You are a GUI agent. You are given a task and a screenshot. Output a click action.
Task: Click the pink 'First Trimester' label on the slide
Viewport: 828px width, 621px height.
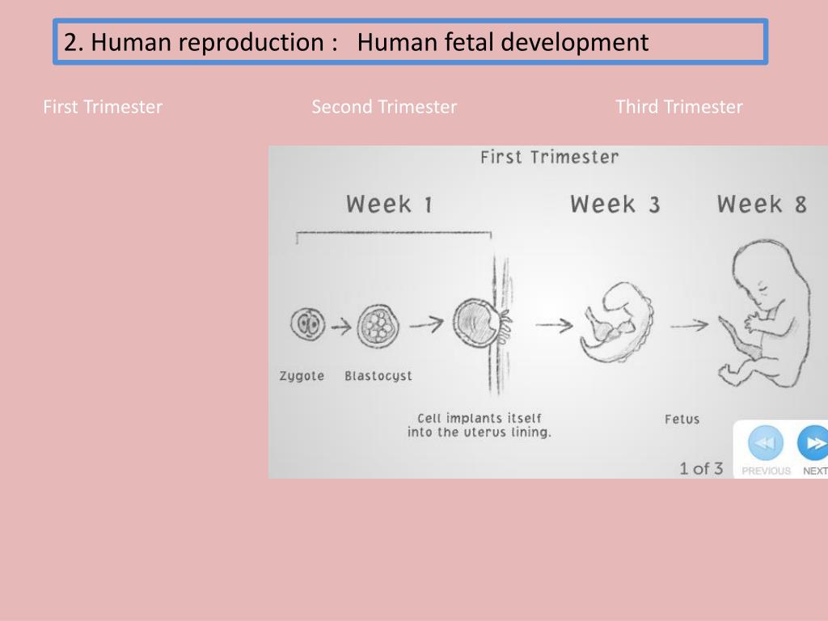coord(103,107)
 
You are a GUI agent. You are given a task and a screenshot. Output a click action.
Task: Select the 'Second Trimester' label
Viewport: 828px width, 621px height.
coord(384,107)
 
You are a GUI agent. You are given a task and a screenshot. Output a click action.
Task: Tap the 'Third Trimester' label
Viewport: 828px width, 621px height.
coord(678,107)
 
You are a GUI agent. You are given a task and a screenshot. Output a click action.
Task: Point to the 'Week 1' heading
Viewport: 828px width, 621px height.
coord(389,204)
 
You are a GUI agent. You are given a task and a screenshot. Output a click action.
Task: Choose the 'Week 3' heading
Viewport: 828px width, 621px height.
coord(615,204)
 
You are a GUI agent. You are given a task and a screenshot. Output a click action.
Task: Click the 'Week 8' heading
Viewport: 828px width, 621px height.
coord(762,204)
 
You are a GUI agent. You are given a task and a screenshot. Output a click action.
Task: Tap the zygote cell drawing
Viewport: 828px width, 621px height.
coord(307,325)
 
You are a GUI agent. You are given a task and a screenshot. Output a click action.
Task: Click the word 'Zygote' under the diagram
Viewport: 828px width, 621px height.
coord(302,376)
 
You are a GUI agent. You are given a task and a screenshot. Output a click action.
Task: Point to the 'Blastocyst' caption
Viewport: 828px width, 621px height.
coord(378,376)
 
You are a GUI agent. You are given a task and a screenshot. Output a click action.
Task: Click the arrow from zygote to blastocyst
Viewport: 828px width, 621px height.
coord(340,327)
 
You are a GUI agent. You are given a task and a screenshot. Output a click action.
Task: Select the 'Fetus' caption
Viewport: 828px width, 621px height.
coord(682,419)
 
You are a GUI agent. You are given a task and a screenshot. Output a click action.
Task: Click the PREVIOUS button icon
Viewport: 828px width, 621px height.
coord(765,443)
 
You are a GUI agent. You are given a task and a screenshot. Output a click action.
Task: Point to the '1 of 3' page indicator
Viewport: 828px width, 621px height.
coord(700,468)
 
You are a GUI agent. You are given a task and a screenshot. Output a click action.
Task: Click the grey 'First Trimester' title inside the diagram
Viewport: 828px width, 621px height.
coord(549,157)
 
